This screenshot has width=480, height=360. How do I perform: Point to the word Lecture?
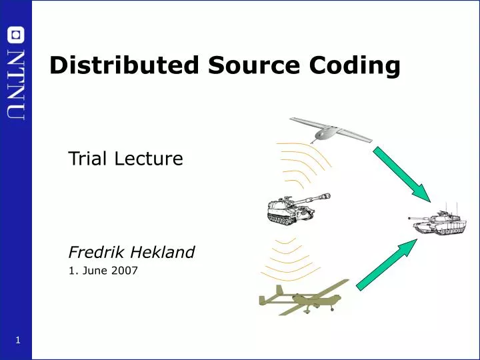(x=150, y=159)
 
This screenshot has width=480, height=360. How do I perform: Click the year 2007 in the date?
(x=125, y=271)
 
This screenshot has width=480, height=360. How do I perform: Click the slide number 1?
(x=17, y=341)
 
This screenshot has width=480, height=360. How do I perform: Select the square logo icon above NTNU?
(x=16, y=35)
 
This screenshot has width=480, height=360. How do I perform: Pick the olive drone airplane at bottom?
(x=301, y=299)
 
